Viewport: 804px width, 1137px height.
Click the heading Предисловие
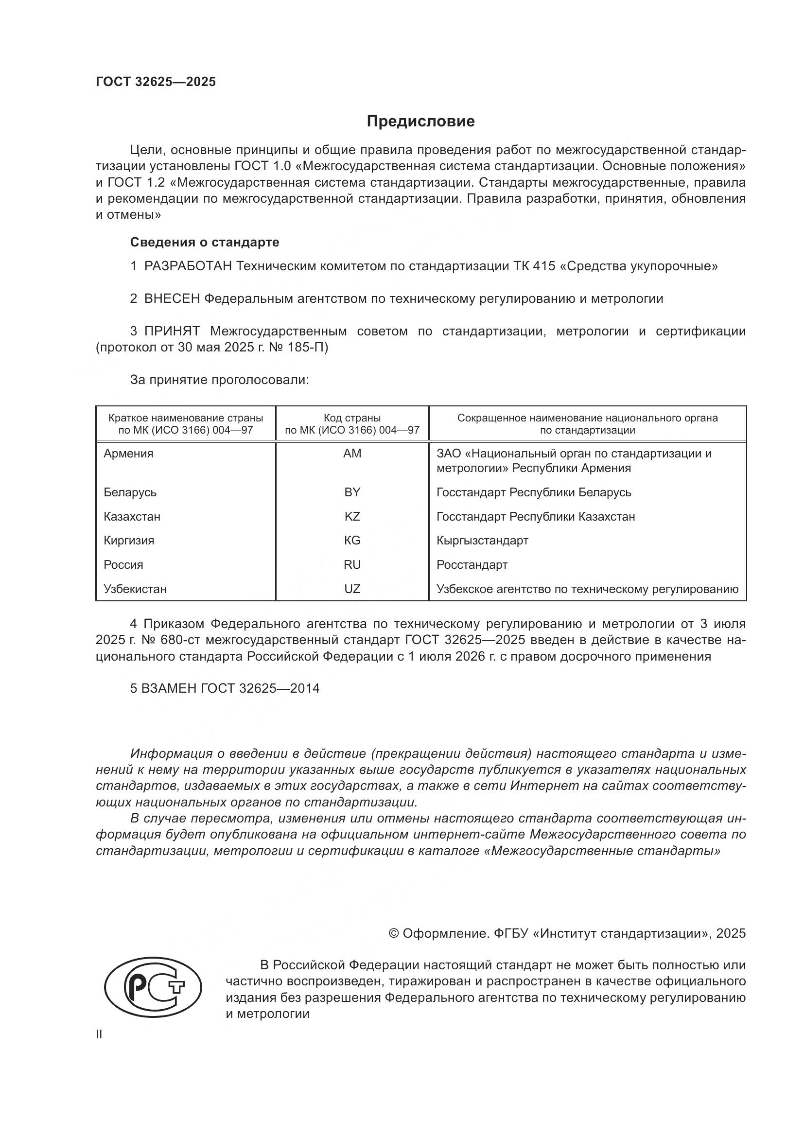click(x=420, y=122)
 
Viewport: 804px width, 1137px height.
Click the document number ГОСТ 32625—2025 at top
click(x=156, y=82)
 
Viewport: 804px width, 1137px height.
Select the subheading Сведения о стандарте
click(x=205, y=242)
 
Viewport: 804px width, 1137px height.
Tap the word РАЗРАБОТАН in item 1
click(x=188, y=266)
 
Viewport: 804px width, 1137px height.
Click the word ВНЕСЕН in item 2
click(x=172, y=298)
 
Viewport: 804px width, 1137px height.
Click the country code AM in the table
click(x=352, y=454)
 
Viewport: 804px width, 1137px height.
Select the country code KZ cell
click(x=352, y=517)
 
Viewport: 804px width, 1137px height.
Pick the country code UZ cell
click(x=352, y=589)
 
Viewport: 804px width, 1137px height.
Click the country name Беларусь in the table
click(x=130, y=492)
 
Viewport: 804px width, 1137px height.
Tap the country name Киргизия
click(x=129, y=540)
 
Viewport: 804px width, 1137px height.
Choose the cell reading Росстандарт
click(x=472, y=565)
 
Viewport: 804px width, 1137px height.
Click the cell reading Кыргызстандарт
click(x=482, y=540)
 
